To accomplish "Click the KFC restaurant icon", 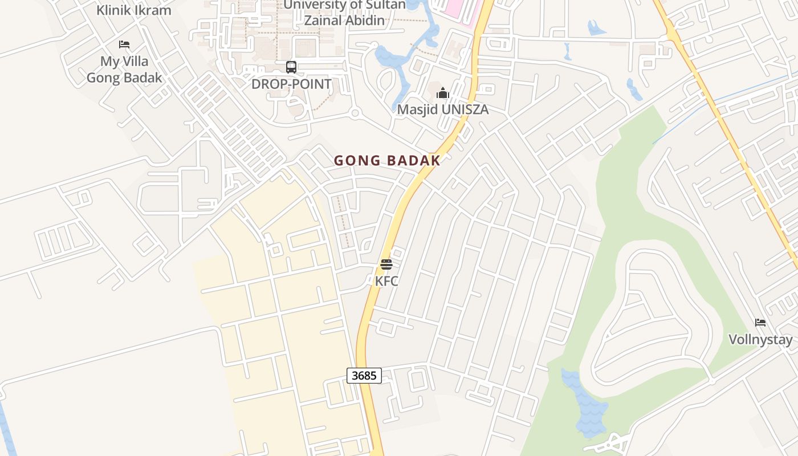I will click(386, 264).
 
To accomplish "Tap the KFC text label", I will click(386, 281).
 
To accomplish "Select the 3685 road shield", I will click(364, 376).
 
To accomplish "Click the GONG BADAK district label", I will click(387, 161).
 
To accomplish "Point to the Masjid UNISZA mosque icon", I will click(443, 92).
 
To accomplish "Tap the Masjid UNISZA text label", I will click(443, 109).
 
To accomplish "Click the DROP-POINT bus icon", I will click(291, 67).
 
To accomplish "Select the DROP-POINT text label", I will click(291, 84).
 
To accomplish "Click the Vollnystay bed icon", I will click(760, 323).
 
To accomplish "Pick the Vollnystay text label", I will click(760, 340).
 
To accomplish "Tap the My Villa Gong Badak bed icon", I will click(124, 44).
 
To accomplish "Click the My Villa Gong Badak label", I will click(124, 70).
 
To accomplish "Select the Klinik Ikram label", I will click(133, 10).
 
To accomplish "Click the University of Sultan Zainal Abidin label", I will click(344, 13).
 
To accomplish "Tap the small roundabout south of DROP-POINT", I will click(355, 113).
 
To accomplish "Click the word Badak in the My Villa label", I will click(144, 78).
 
